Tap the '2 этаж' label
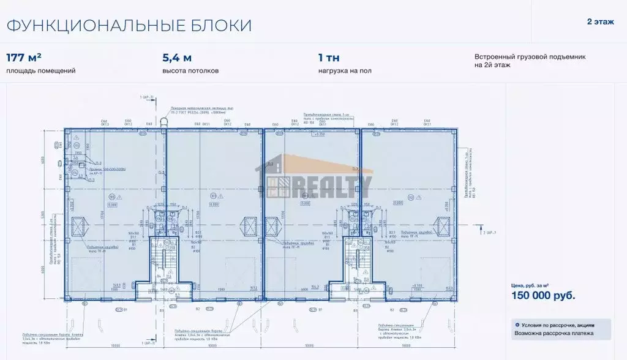pyautogui.click(x=599, y=21)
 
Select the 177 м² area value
pyautogui.click(x=24, y=58)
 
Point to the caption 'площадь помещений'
pyautogui.click(x=41, y=71)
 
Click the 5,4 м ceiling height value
pyautogui.click(x=177, y=58)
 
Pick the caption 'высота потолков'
pyautogui.click(x=190, y=71)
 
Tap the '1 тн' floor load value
pyautogui.click(x=329, y=58)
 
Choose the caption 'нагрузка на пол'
pyautogui.click(x=344, y=71)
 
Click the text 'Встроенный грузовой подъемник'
pyautogui.click(x=530, y=56)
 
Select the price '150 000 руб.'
pyautogui.click(x=543, y=296)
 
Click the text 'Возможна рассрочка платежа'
pyautogui.click(x=555, y=334)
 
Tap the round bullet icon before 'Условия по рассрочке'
pyautogui.click(x=517, y=324)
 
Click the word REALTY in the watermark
pyautogui.click(x=331, y=185)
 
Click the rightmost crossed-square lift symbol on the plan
pyautogui.click(x=442, y=225)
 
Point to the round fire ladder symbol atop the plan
pyautogui.click(x=164, y=122)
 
